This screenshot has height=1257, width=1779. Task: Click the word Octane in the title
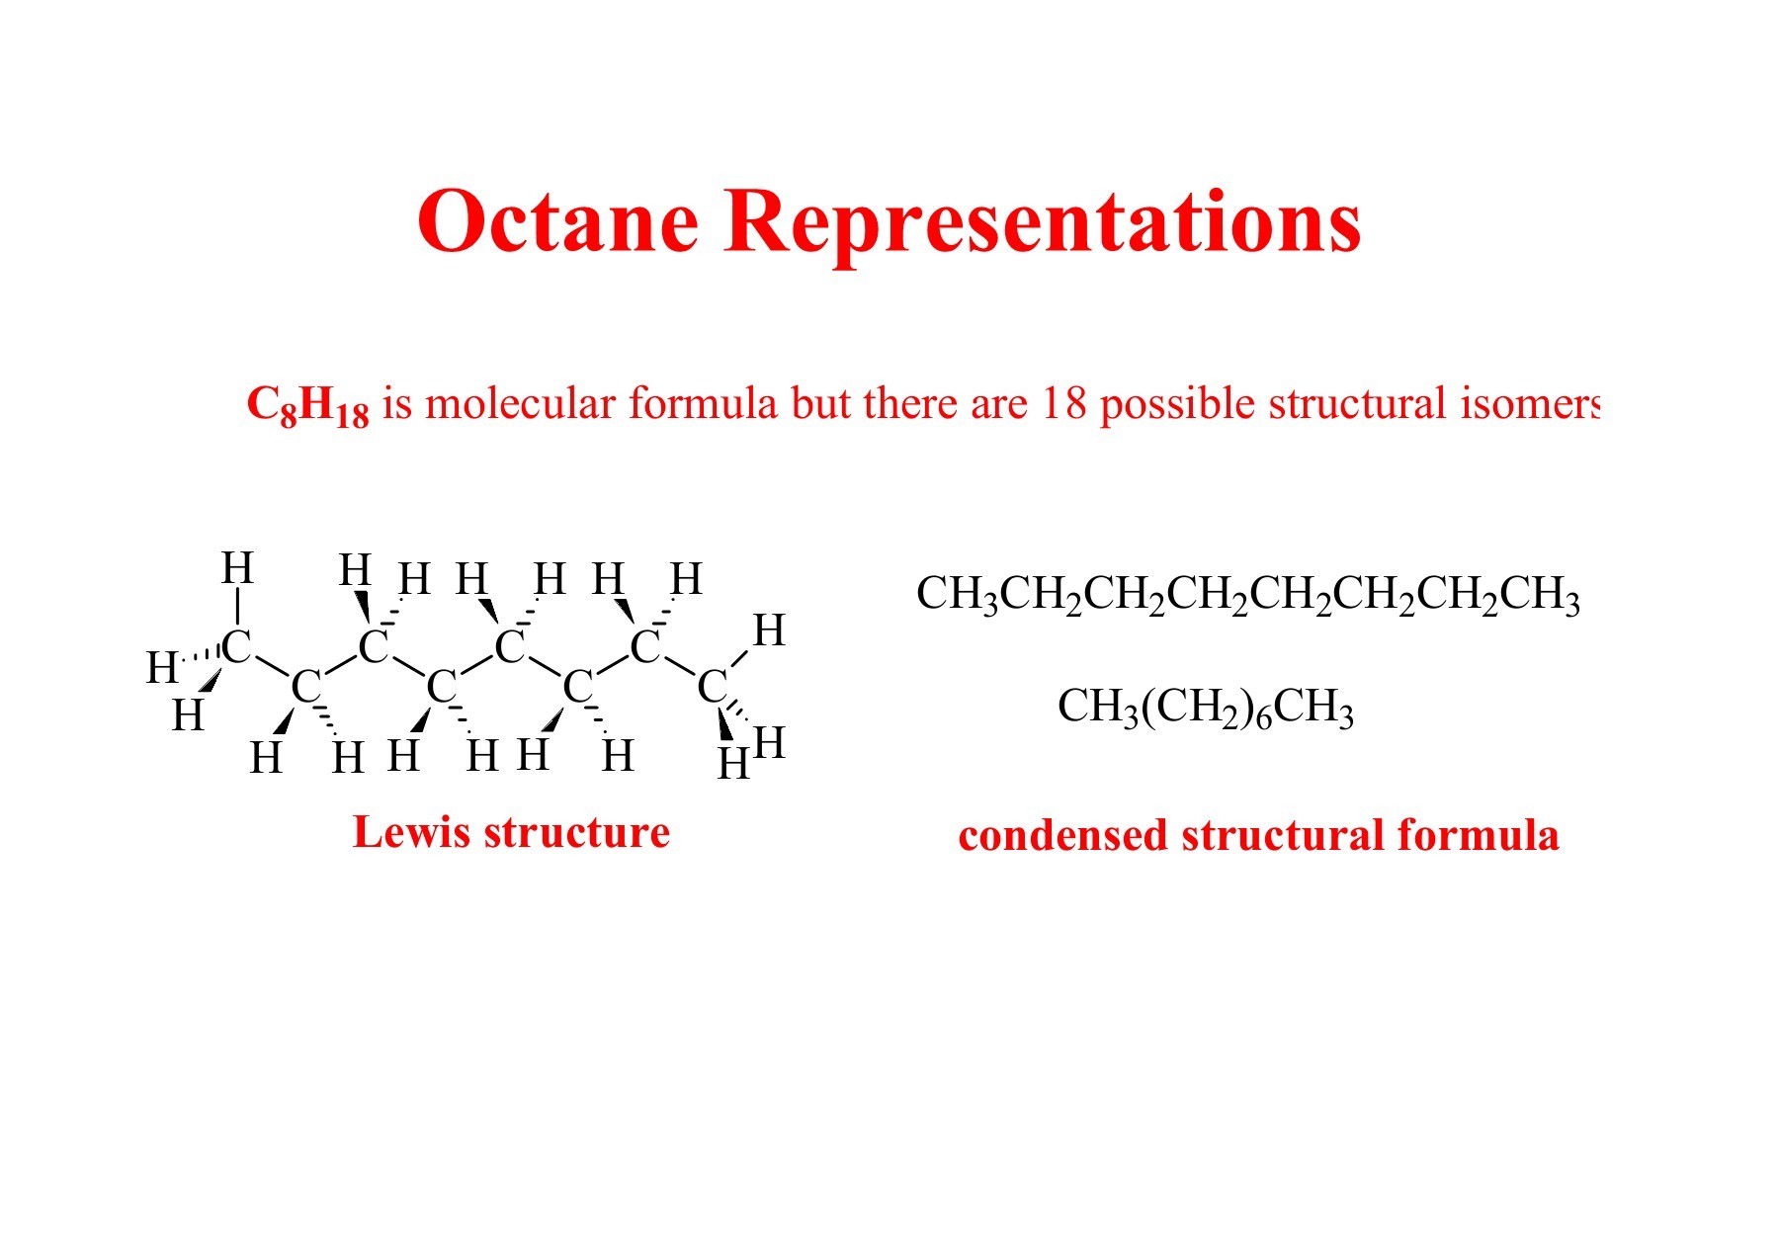[x=558, y=220]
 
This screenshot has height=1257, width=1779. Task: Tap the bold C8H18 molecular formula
[x=307, y=406]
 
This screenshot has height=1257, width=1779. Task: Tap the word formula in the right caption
[x=1479, y=835]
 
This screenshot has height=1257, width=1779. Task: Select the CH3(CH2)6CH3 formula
[x=1205, y=709]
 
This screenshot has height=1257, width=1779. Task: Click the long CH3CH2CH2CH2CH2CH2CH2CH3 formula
[x=1247, y=595]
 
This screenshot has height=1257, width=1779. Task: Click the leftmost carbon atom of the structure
[x=236, y=647]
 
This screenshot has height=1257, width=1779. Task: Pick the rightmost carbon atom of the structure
[x=712, y=686]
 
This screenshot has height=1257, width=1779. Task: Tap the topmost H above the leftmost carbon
[x=237, y=568]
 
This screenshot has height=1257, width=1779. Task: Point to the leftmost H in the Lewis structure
[x=162, y=668]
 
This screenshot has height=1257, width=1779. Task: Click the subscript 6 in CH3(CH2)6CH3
[x=1263, y=718]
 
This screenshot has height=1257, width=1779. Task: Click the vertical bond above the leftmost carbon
[x=237, y=607]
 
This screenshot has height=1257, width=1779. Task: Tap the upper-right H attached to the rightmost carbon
[x=768, y=630]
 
